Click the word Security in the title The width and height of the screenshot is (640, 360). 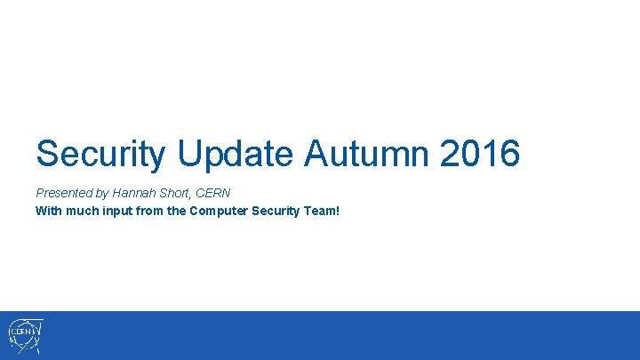pos(100,154)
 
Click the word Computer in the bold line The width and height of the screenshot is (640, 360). pos(220,211)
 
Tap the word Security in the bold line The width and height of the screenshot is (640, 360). pos(277,211)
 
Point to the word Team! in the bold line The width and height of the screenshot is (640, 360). pos(323,211)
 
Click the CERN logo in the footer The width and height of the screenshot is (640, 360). pos(25,336)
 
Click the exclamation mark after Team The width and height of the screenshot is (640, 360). pos(338,211)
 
